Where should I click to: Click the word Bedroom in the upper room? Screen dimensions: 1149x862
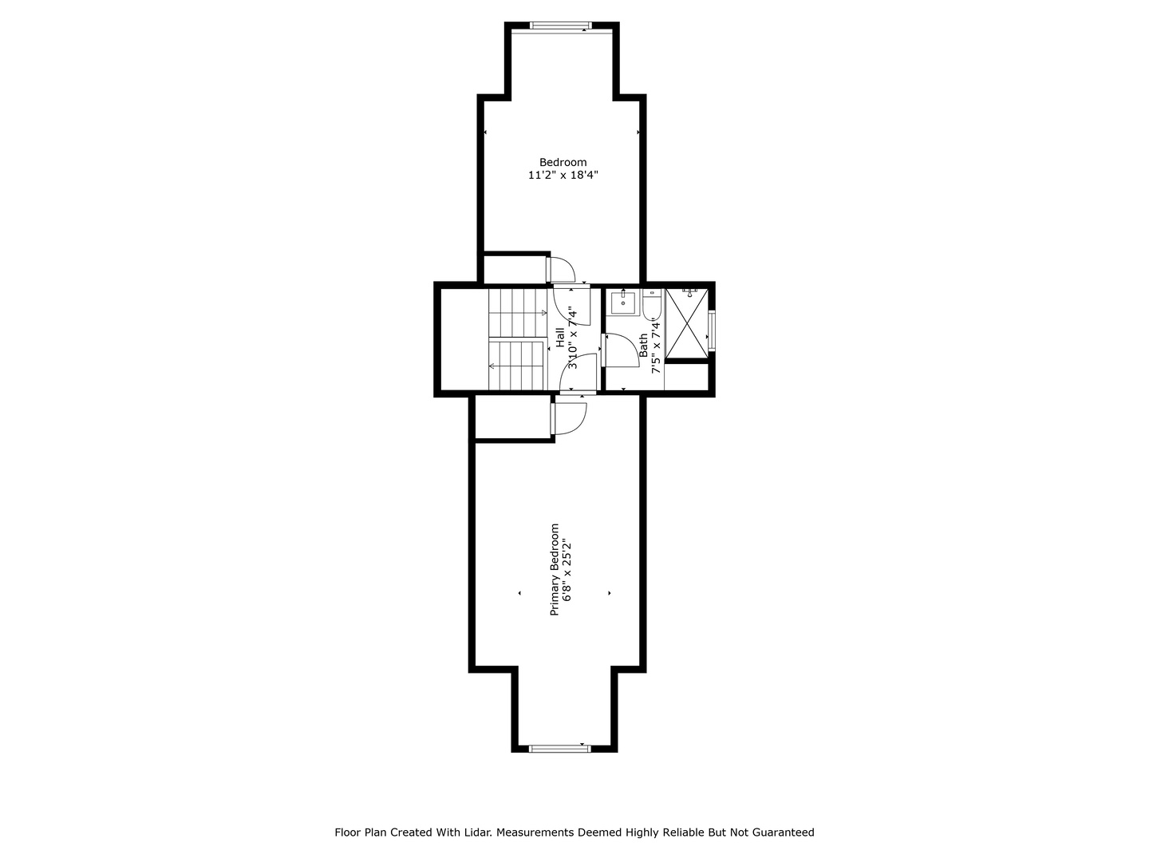coord(563,162)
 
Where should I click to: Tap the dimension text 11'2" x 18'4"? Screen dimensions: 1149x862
coord(563,176)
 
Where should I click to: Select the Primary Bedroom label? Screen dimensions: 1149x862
coord(555,569)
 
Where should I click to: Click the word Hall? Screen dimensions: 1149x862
coord(560,338)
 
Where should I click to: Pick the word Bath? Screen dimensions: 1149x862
coord(643,346)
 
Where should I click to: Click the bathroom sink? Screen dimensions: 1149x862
coord(623,303)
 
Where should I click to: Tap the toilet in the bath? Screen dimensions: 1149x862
coord(652,305)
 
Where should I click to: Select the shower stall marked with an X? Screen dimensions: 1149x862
coord(687,326)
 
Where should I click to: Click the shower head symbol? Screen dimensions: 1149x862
coord(690,291)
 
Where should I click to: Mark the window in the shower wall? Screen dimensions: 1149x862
coord(712,329)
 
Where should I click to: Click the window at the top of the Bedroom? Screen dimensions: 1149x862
coord(560,25)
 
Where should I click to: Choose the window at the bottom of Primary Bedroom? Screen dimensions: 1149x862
coord(560,749)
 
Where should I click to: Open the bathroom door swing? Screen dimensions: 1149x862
coord(621,350)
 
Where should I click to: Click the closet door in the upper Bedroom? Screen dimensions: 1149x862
coord(561,270)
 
